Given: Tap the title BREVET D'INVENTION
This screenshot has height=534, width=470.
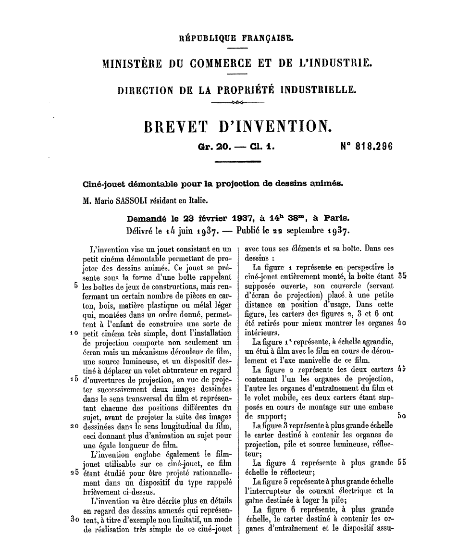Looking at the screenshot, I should click(x=238, y=126).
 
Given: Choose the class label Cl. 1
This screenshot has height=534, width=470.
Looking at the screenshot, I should click(x=262, y=147).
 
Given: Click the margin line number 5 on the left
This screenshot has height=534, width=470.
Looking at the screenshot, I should click(x=76, y=284).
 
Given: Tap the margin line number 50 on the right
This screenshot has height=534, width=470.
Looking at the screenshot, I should click(x=402, y=416).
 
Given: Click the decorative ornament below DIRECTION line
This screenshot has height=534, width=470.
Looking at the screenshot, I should click(x=237, y=103).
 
